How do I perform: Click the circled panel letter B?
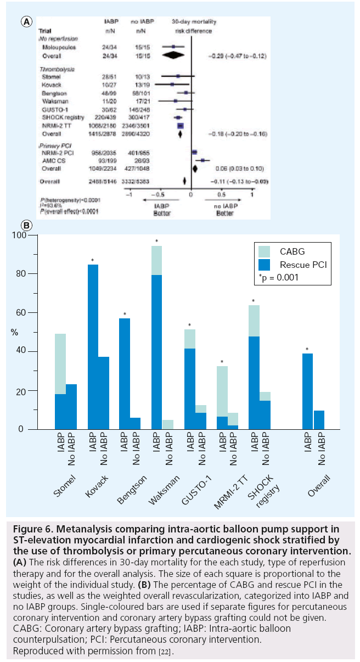(26, 225)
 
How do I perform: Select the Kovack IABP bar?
(92, 346)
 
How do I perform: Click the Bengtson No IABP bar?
(135, 423)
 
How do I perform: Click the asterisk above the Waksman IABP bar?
(156, 242)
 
